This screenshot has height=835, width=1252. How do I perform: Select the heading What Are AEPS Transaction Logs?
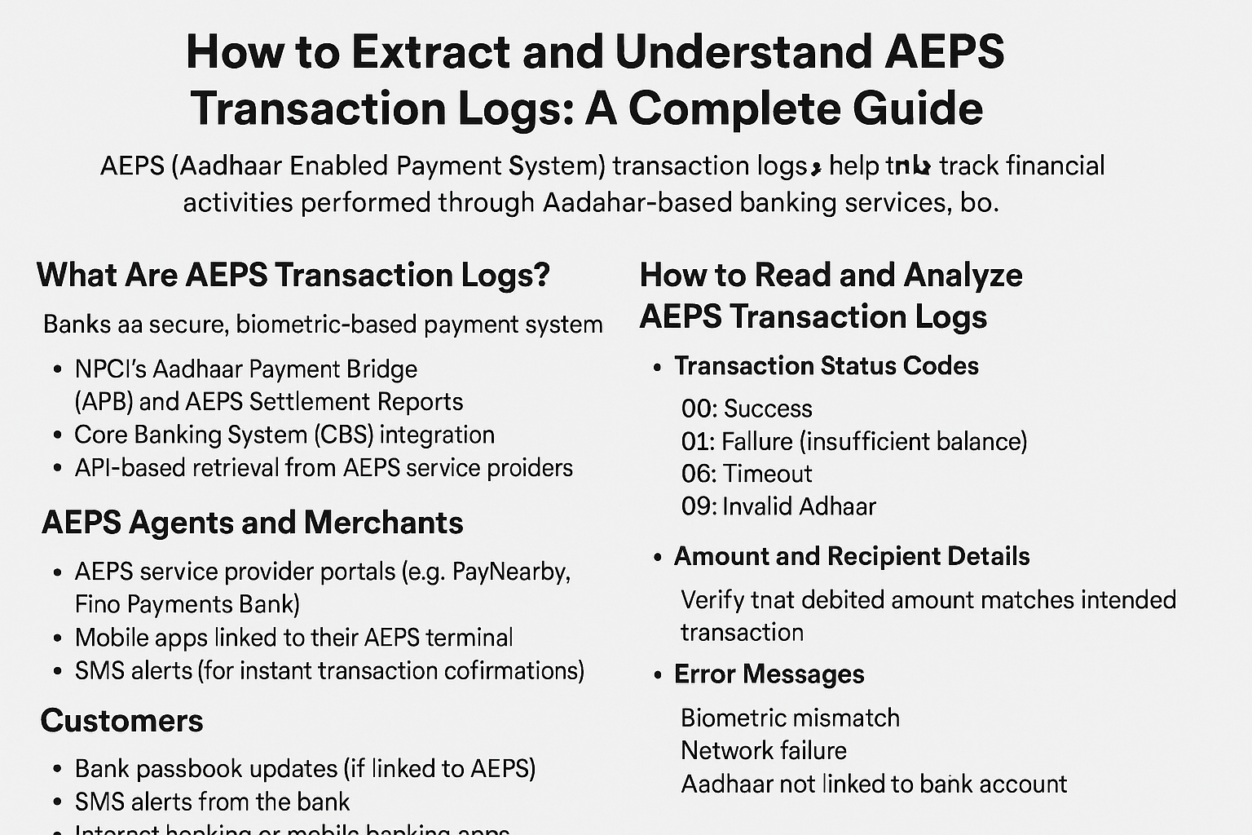(293, 275)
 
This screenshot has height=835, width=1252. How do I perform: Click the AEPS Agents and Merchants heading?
(253, 523)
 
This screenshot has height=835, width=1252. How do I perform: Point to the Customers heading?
(122, 721)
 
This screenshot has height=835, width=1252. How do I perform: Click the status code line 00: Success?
(747, 409)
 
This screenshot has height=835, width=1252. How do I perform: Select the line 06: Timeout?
(747, 474)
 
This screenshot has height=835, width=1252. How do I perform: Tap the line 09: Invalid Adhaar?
(778, 506)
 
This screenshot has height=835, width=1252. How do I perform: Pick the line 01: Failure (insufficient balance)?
(854, 441)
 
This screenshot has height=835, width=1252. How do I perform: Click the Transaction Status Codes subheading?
(827, 366)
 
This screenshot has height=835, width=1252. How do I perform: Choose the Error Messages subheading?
(769, 674)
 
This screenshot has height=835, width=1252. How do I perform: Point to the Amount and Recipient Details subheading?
(852, 556)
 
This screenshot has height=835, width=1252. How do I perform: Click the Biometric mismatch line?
(790, 718)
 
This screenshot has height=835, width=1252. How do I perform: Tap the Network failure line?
(764, 750)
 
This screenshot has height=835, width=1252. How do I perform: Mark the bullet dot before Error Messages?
(658, 675)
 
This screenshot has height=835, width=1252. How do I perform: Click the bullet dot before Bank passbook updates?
(57, 769)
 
